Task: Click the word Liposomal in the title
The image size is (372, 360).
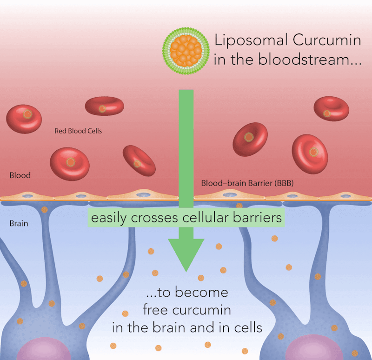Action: point(250,40)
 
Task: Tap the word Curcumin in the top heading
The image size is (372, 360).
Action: point(326,40)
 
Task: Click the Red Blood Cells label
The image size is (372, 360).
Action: point(78,131)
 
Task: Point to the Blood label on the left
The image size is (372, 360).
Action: point(20,175)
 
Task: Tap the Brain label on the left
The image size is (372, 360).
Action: point(19,223)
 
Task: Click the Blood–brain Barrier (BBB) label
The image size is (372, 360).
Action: point(247,183)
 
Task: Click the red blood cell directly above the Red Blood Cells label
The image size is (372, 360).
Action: point(104,106)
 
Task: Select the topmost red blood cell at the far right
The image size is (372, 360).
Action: point(331,109)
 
